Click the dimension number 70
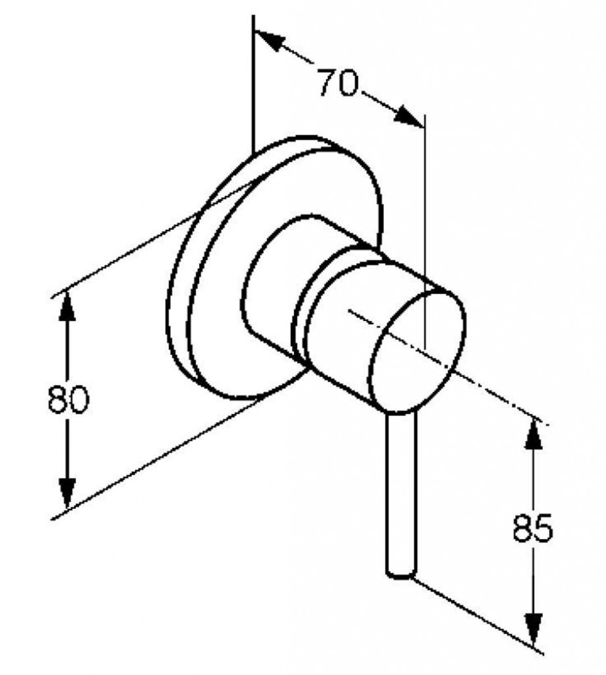click(x=338, y=82)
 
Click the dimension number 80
click(x=68, y=399)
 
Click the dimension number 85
click(x=532, y=527)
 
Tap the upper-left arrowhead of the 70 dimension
click(x=270, y=40)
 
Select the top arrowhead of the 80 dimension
click(x=67, y=306)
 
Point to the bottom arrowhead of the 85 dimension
click(x=533, y=630)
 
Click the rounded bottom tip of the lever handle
click(x=401, y=574)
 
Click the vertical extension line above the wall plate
click(x=253, y=84)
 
